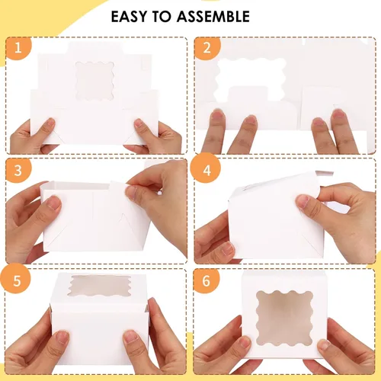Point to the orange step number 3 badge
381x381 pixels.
pyautogui.click(x=18, y=168)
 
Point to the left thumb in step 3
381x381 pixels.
pyautogui.click(x=52, y=202)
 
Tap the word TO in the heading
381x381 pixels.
pyautogui.click(x=171, y=16)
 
